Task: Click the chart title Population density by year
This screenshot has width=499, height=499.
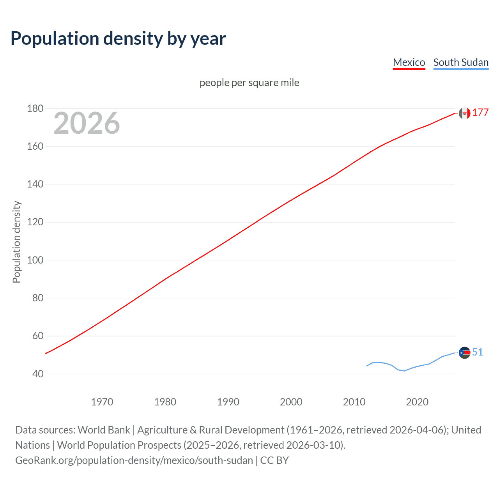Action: point(118,39)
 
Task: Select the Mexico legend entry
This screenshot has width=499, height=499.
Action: point(409,62)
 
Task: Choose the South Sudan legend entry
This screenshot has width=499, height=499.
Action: point(461,62)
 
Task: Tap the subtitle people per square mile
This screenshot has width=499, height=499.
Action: point(249,83)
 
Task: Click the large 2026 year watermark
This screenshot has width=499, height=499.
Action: point(87,123)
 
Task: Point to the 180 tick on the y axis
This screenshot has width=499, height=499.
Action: point(35,108)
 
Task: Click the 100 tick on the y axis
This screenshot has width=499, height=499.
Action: point(35,260)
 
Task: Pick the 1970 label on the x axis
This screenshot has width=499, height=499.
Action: point(102,402)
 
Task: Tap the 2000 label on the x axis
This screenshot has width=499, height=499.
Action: point(291,402)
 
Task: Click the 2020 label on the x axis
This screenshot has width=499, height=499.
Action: point(417,402)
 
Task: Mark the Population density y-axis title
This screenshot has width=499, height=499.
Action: point(16,242)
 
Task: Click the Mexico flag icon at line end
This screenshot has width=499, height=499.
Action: point(464,113)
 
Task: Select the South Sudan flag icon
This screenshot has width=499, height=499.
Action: point(464,353)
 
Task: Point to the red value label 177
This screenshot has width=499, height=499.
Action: point(480,113)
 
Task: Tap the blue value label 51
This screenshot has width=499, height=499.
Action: point(478,352)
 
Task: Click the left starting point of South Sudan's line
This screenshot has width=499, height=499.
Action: point(367,366)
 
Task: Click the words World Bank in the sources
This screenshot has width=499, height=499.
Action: point(104,430)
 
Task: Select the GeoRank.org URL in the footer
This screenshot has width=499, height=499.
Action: point(134,460)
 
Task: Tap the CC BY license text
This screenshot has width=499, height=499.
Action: point(274,460)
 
